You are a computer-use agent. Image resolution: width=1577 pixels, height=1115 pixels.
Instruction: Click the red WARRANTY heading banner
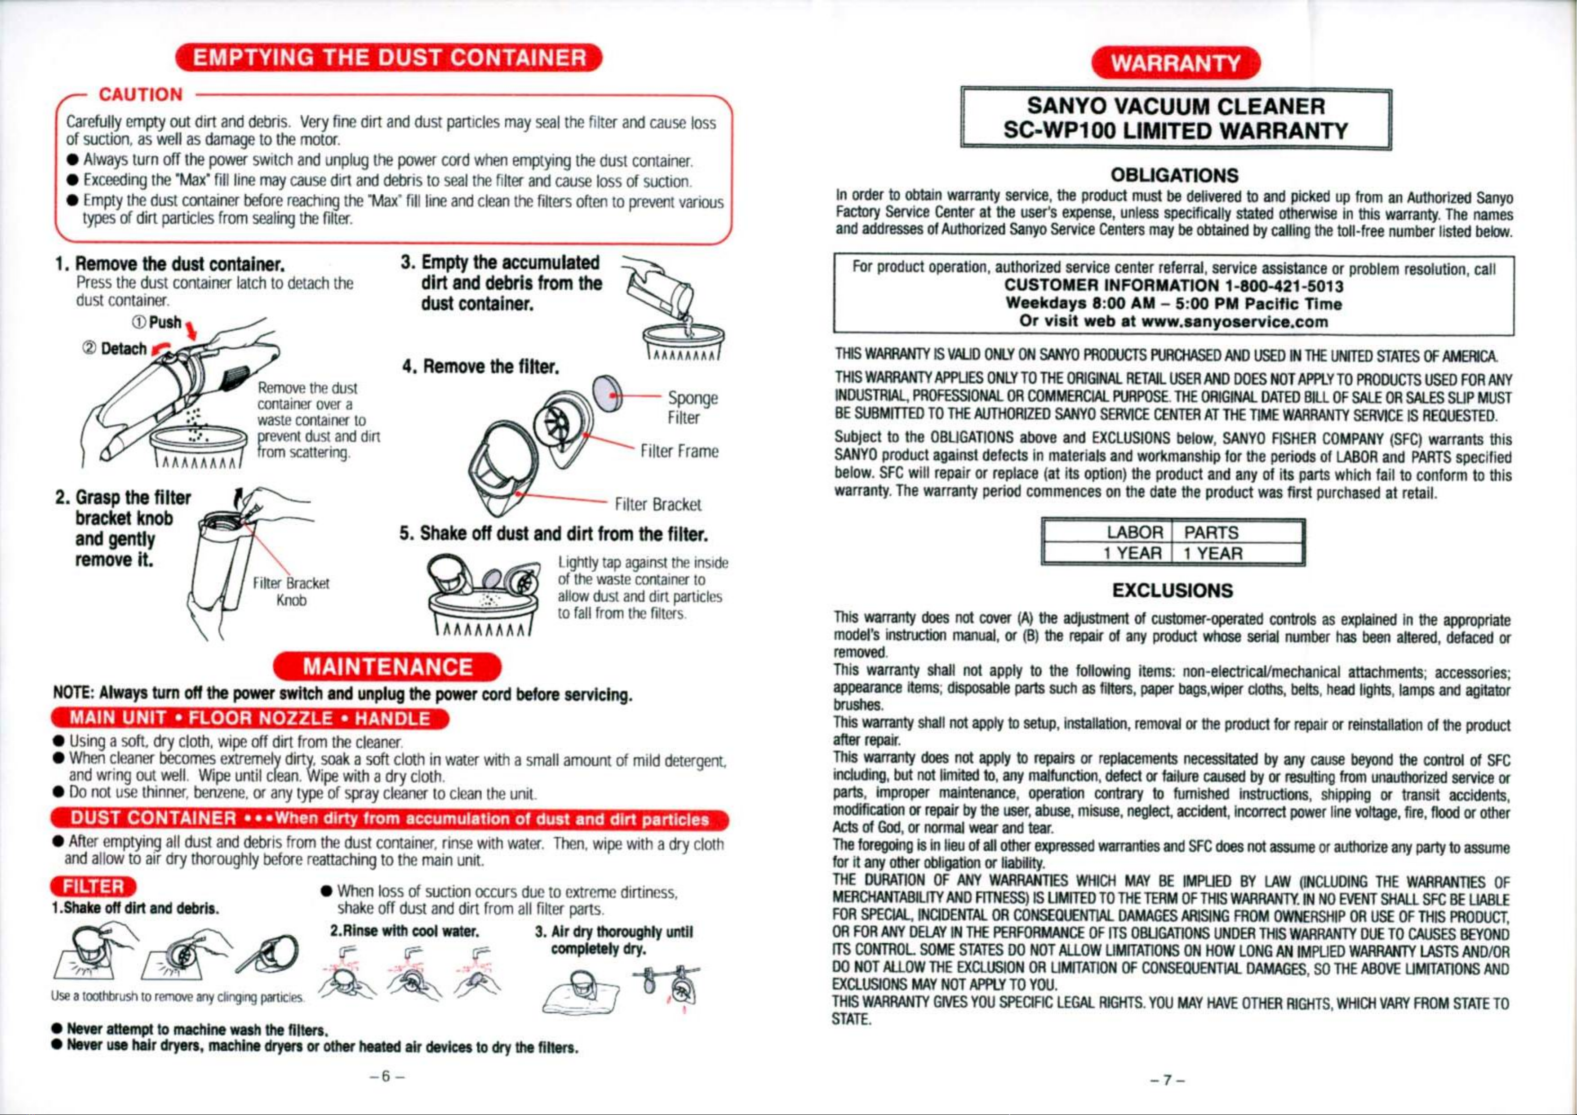[1176, 64]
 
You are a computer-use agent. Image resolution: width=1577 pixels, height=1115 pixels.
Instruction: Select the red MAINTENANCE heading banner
[388, 667]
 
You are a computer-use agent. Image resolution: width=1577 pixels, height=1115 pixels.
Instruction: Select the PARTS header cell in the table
[1212, 533]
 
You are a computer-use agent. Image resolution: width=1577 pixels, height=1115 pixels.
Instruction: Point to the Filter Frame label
[679, 451]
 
